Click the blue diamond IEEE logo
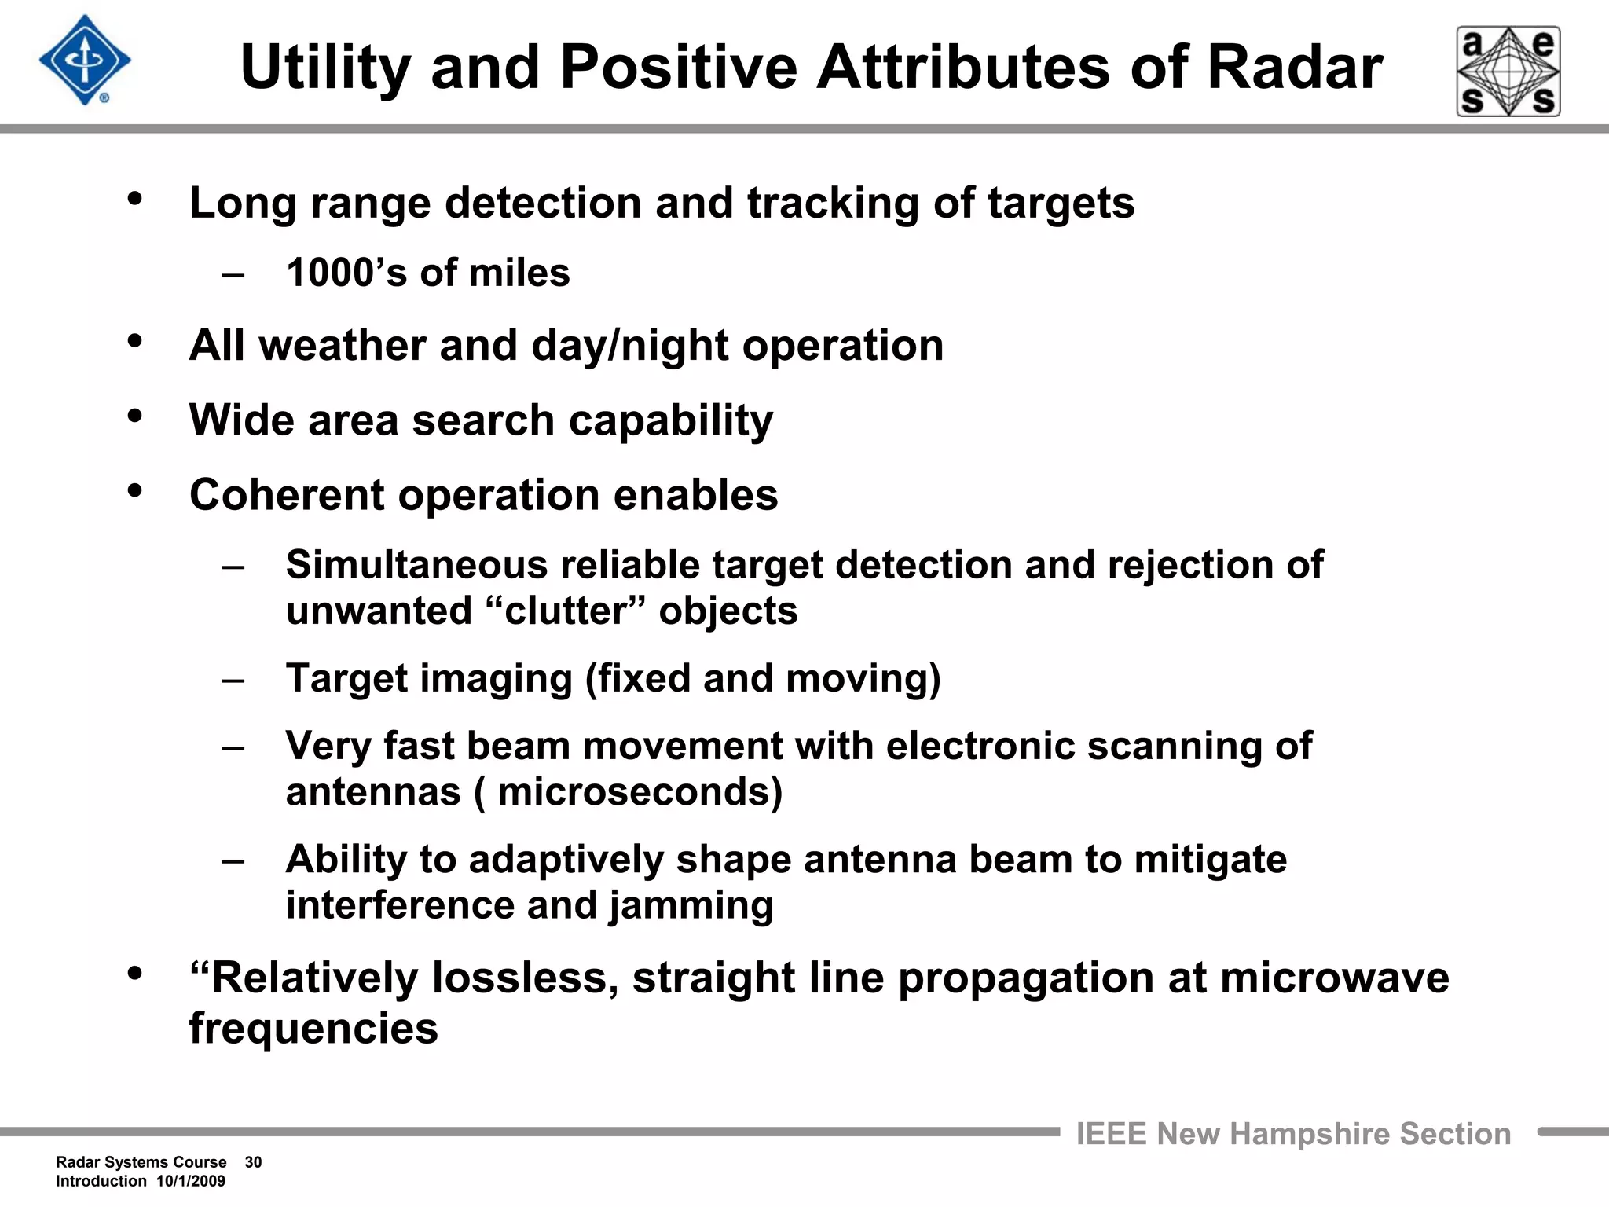[x=85, y=61]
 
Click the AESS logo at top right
[x=1508, y=72]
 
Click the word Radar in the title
[x=1294, y=68]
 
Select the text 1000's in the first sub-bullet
[x=346, y=273]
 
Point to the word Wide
[x=241, y=420]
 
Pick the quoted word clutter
[x=570, y=611]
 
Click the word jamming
[x=691, y=905]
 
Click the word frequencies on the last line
[x=313, y=1029]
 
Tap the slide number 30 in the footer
[x=253, y=1162]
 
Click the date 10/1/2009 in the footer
[x=191, y=1181]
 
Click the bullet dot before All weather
[x=135, y=341]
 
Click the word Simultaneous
[x=416, y=565]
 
